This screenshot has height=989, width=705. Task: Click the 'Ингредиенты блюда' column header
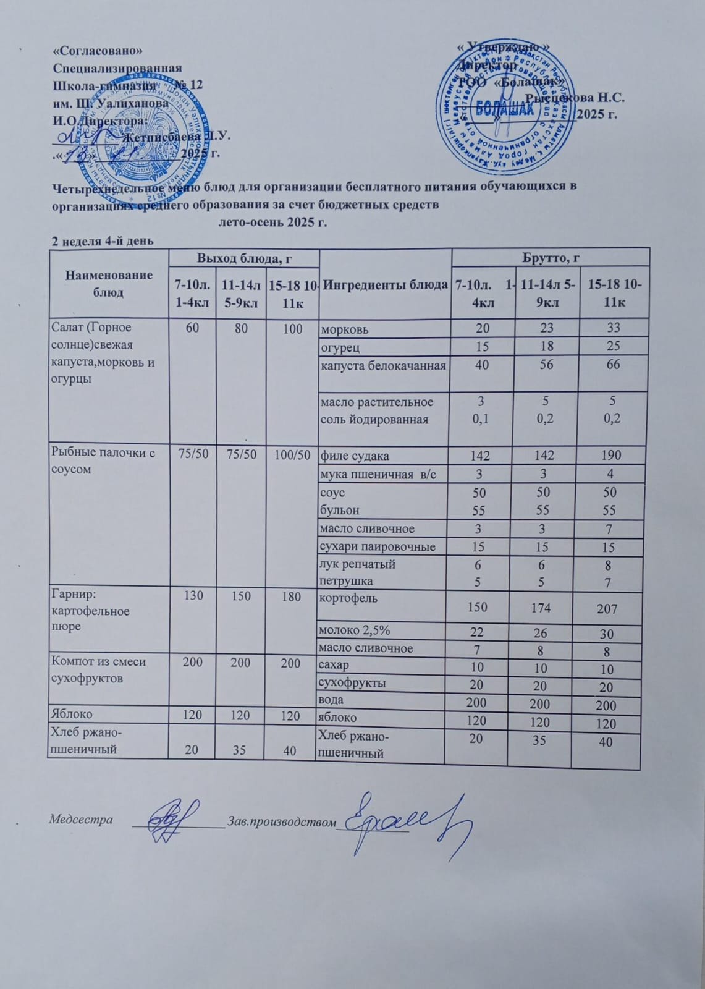coord(386,285)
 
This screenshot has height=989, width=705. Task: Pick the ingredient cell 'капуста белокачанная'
coord(383,365)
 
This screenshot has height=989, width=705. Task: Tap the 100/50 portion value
coord(290,456)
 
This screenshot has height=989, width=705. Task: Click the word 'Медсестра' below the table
coord(81,820)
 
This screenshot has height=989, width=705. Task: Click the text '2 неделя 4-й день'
coord(102,240)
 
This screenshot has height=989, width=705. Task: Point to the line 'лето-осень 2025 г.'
coord(272,223)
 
